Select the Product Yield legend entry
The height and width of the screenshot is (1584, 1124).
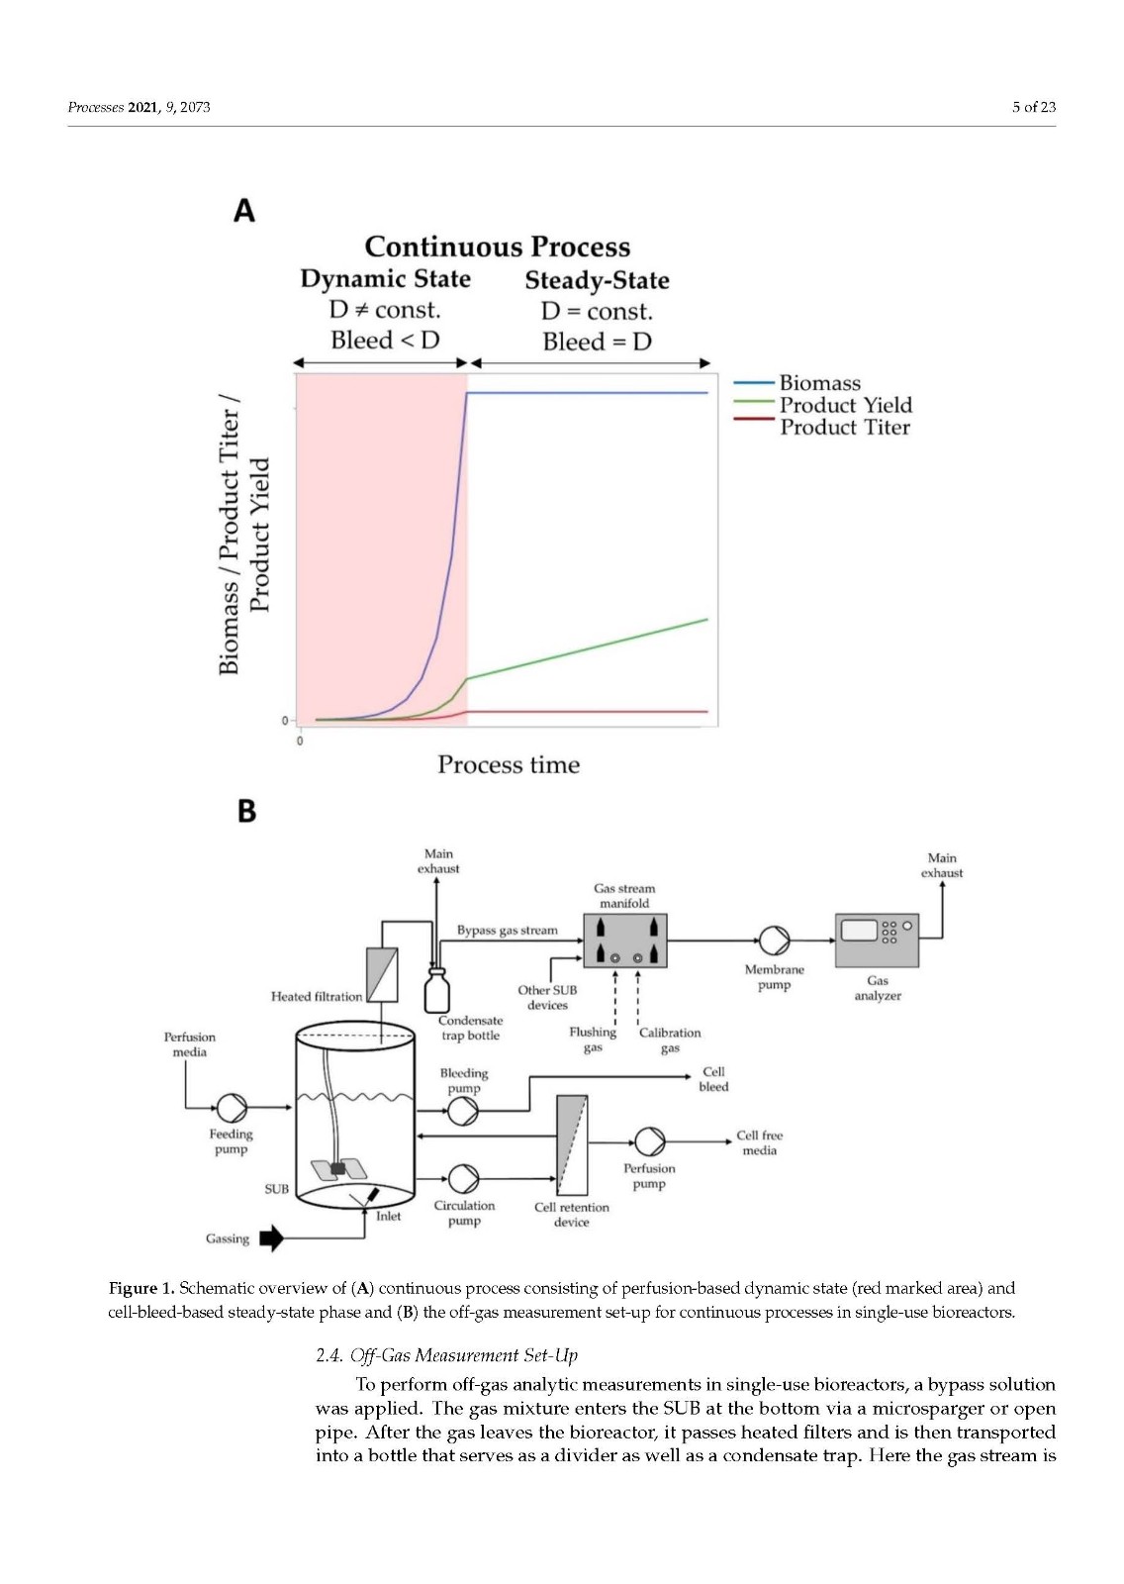click(845, 405)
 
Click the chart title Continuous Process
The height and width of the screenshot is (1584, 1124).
click(497, 247)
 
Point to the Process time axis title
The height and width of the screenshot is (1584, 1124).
click(509, 764)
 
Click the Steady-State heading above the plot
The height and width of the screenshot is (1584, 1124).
click(597, 281)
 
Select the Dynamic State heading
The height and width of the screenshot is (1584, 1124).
click(385, 279)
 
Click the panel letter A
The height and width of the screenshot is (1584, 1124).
click(243, 211)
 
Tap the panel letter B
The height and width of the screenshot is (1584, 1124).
click(246, 811)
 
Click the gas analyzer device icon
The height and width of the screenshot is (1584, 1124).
click(877, 940)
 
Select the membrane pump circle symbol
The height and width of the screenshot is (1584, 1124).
click(774, 940)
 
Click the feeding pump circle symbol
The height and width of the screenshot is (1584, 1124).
click(232, 1108)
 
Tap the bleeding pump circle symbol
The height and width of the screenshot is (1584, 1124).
click(463, 1112)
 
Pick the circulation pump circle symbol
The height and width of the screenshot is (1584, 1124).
click(463, 1179)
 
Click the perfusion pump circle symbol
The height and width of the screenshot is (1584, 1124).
click(649, 1141)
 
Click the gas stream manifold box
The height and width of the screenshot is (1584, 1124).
click(624, 940)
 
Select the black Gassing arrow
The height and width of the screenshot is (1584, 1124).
click(271, 1238)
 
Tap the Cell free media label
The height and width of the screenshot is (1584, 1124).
click(759, 1142)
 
